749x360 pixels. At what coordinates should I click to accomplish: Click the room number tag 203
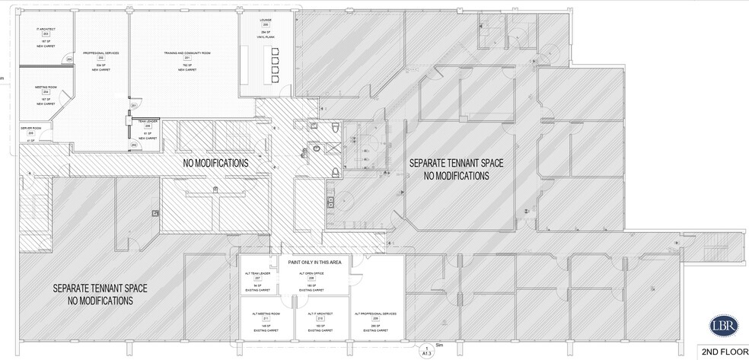tap(46, 35)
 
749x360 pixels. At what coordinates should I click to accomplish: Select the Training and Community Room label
tap(186, 53)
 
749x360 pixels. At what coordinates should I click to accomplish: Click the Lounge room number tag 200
tap(266, 24)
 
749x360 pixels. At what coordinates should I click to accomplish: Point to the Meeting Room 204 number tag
tap(46, 92)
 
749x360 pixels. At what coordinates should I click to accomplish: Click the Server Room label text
tap(31, 127)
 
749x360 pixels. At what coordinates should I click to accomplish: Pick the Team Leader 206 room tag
tap(148, 126)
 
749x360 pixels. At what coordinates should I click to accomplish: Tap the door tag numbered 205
tap(69, 59)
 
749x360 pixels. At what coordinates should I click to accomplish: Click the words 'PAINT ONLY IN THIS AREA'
tap(314, 262)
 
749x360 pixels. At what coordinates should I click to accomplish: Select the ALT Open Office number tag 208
tap(312, 279)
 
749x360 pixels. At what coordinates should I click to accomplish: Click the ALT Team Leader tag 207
tap(257, 279)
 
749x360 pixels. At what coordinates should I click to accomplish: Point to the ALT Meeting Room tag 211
tap(257, 320)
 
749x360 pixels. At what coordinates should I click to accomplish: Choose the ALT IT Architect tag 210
tap(312, 320)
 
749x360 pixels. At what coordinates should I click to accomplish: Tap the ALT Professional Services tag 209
tap(373, 320)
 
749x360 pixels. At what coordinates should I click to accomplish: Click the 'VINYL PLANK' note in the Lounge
tap(266, 36)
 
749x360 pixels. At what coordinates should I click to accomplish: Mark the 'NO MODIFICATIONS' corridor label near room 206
tap(216, 164)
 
